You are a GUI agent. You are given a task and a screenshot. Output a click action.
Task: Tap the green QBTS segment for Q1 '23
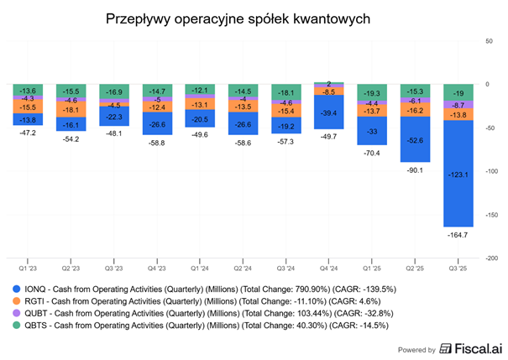tap(28, 90)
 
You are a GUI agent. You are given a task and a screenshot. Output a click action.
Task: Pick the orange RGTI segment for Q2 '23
tap(71, 109)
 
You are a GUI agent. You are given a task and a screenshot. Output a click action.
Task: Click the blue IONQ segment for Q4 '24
tap(328, 112)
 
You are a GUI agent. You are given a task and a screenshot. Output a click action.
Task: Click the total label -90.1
tap(414, 170)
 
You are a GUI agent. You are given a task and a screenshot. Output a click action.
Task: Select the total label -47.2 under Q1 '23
tap(28, 133)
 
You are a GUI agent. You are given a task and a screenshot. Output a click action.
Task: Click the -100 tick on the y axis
tap(490, 171)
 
